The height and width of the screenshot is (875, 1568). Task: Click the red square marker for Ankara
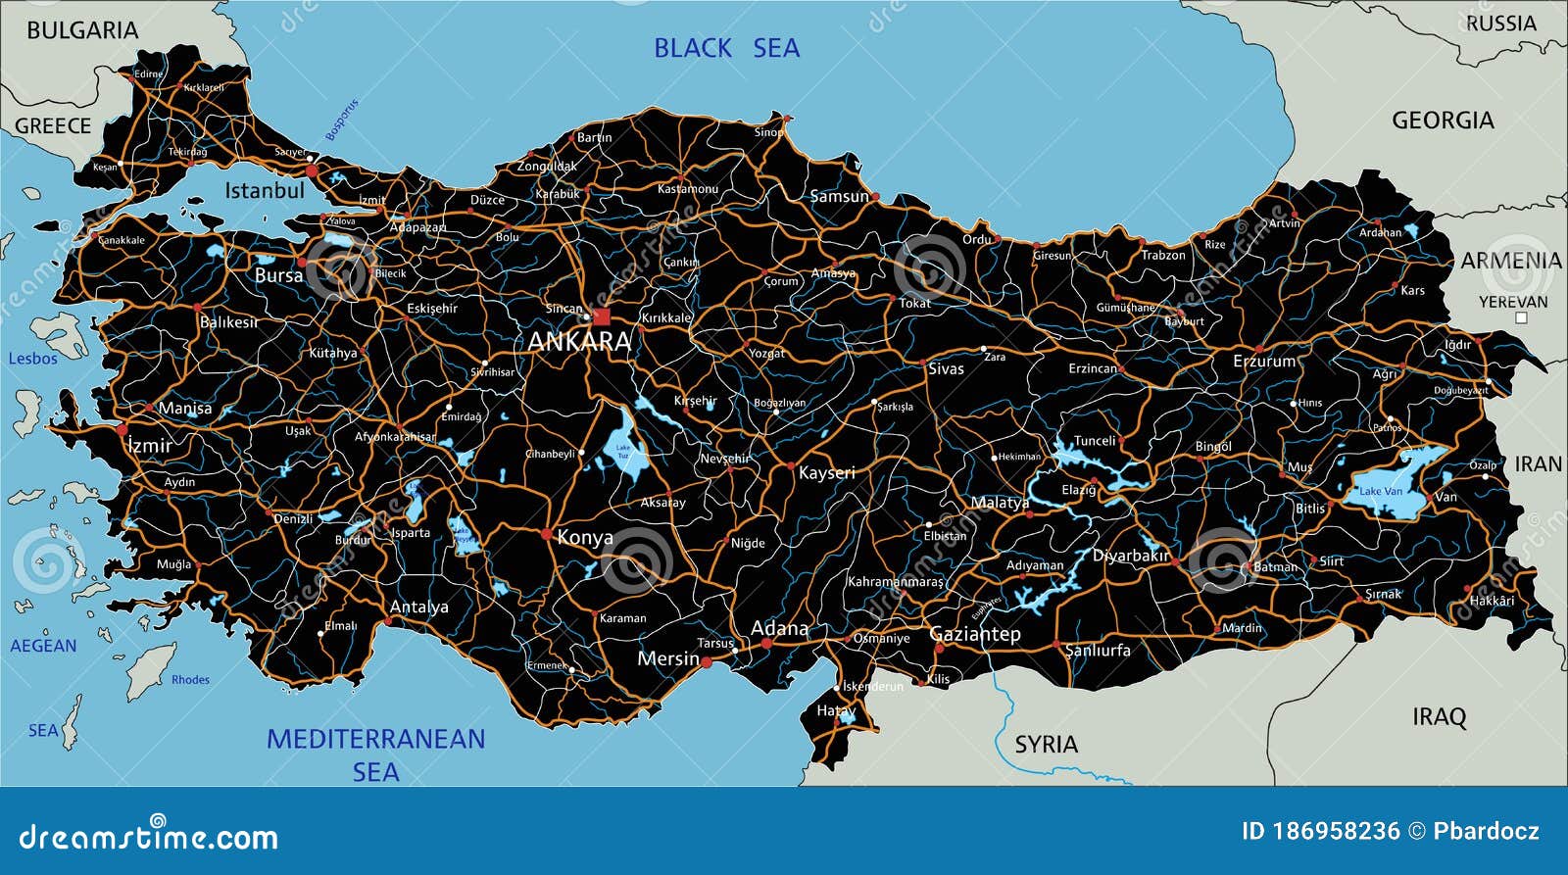click(x=601, y=316)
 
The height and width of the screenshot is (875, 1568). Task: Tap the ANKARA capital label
click(x=579, y=341)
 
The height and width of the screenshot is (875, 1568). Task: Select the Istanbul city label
click(x=265, y=190)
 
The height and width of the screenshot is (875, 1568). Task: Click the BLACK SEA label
click(x=726, y=48)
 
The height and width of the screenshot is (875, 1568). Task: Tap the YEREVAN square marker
click(x=1521, y=317)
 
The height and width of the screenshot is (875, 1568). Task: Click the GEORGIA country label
click(x=1443, y=121)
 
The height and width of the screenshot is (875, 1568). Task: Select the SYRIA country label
click(x=1046, y=745)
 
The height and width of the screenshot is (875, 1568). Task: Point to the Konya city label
click(x=585, y=537)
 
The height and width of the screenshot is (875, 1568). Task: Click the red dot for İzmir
click(x=122, y=429)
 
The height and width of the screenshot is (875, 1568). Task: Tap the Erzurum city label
click(x=1264, y=362)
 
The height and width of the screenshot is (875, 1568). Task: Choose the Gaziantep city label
click(x=974, y=634)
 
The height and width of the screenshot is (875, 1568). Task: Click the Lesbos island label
click(x=33, y=359)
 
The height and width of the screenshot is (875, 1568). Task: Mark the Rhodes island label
click(x=190, y=679)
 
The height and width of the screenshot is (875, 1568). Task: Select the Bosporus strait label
click(x=342, y=120)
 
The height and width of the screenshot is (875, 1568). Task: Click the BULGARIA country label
click(x=82, y=30)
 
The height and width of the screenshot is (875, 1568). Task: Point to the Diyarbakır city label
click(x=1131, y=556)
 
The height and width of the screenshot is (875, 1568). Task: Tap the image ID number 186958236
click(x=1336, y=832)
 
